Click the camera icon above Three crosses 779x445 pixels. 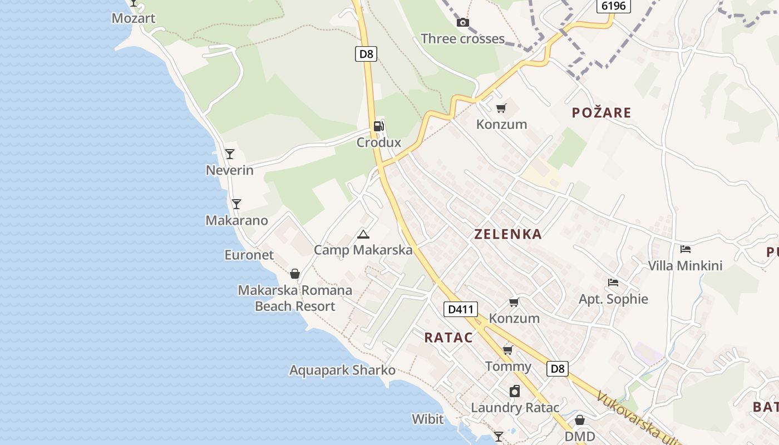(462, 23)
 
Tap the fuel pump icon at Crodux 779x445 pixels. (378, 126)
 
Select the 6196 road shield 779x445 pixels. (614, 6)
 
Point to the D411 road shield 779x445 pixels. (461, 309)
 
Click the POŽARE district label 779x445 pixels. (601, 113)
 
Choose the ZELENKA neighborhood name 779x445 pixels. (507, 234)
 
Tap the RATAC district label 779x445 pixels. (448, 338)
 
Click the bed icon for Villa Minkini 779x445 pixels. (686, 249)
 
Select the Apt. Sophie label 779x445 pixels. (613, 299)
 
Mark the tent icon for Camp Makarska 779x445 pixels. (363, 234)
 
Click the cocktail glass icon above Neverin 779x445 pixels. (229, 154)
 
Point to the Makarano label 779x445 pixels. (236, 220)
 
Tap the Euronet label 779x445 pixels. (249, 255)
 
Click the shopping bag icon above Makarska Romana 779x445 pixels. (295, 274)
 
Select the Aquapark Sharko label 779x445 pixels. (342, 370)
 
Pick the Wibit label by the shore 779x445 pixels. (427, 419)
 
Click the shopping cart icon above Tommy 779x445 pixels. (507, 350)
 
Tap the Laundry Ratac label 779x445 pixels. (515, 408)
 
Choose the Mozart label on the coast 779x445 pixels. (133, 18)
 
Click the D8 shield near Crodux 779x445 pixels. (366, 54)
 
